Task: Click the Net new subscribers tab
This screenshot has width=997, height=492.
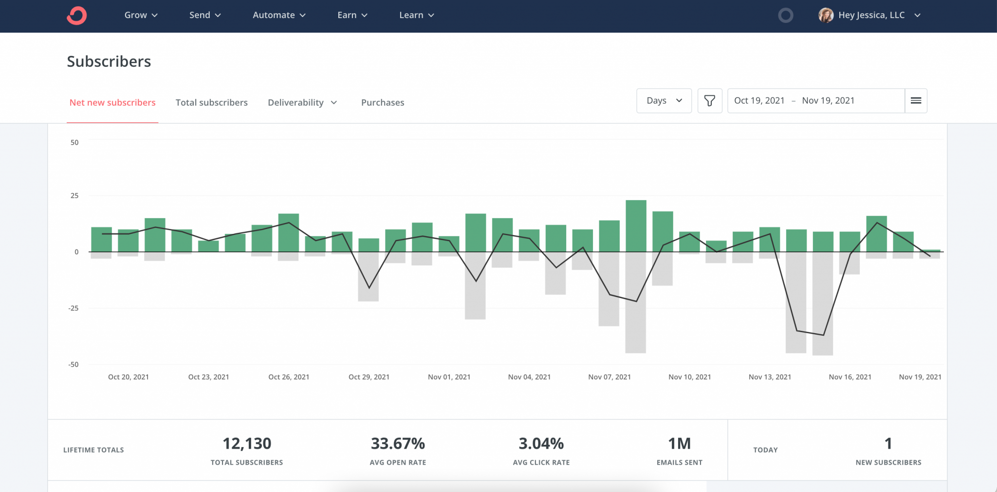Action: (x=112, y=103)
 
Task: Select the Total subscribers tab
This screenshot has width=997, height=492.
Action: (x=211, y=103)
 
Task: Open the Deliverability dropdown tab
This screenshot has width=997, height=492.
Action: (x=302, y=103)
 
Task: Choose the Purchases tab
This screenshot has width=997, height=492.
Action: (x=383, y=103)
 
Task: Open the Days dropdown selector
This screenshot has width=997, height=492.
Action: (x=664, y=101)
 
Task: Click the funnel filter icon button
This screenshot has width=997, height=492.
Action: (x=709, y=101)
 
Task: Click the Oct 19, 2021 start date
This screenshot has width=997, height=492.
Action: (x=759, y=101)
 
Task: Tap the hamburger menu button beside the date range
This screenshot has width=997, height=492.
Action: (x=916, y=101)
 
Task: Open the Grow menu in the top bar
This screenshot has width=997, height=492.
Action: (x=141, y=15)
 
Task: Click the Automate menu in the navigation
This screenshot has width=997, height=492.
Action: (x=279, y=15)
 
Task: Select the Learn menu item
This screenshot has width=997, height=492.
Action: (x=416, y=15)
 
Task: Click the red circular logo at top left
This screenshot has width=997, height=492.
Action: (x=77, y=16)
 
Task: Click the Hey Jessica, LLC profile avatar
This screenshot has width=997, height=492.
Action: (x=826, y=16)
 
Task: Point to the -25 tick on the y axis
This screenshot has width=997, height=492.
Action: (x=74, y=308)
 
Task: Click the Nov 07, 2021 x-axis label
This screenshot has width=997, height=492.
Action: (x=609, y=377)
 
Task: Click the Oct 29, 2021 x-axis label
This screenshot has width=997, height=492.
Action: (x=369, y=377)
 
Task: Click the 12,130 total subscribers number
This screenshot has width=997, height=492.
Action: (x=247, y=444)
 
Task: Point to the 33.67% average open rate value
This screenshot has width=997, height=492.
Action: (x=398, y=444)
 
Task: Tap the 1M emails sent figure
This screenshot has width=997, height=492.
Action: (x=679, y=444)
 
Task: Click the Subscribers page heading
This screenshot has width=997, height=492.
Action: (x=109, y=62)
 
